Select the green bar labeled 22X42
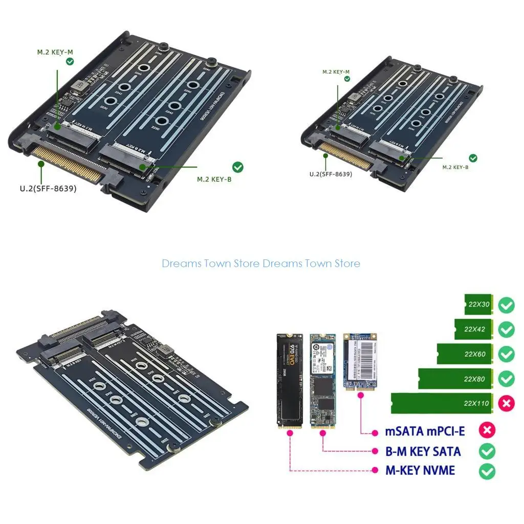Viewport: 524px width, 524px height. [x=473, y=329]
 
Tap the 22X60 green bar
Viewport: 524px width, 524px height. [x=465, y=354]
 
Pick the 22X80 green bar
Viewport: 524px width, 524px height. [x=455, y=379]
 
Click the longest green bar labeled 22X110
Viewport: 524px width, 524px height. [x=442, y=403]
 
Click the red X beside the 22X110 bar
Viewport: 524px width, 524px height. [x=507, y=403]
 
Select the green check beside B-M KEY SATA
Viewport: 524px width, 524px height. [x=487, y=451]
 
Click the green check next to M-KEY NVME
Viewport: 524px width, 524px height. [x=487, y=470]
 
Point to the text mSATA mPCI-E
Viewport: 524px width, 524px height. [x=425, y=431]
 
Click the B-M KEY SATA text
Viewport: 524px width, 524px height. [x=423, y=451]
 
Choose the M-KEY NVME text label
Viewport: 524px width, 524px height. [x=420, y=470]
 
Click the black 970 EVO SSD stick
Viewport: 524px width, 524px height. [x=290, y=380]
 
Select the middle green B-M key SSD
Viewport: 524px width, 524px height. [x=322, y=380]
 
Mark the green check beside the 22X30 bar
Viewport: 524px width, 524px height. [x=507, y=305]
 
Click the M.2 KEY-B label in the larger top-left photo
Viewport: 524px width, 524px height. [x=214, y=180]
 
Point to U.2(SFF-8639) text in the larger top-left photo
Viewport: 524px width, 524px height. [x=48, y=188]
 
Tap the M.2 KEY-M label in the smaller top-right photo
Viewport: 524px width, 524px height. [x=336, y=72]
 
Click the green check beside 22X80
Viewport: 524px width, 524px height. [x=507, y=379]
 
